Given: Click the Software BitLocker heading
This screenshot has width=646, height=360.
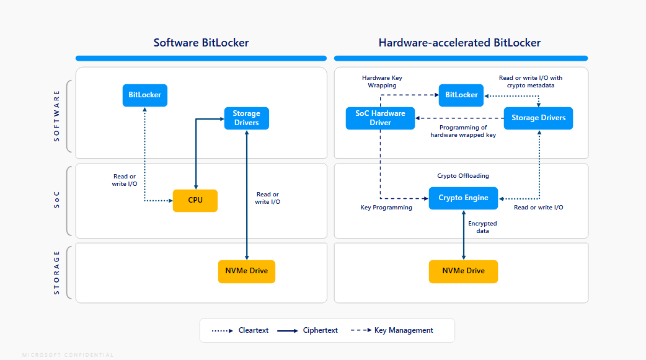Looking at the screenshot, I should click(201, 43).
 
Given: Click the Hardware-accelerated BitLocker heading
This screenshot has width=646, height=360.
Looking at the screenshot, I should click(459, 43).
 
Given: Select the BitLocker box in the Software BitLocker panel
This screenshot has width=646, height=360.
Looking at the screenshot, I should click(144, 95).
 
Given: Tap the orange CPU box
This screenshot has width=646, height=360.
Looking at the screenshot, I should click(195, 200).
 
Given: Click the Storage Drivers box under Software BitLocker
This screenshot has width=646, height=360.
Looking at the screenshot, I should click(246, 118).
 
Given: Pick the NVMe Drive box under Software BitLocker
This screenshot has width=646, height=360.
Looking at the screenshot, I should click(247, 271).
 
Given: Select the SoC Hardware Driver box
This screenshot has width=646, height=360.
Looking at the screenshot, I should click(380, 118).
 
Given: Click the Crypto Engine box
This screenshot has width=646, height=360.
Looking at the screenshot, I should click(463, 198).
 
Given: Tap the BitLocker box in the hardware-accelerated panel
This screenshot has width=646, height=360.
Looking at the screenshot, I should click(461, 95).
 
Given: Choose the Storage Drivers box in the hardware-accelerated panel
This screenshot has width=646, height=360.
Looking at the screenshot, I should click(538, 118).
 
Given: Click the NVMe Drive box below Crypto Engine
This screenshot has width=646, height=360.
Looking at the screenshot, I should click(463, 271).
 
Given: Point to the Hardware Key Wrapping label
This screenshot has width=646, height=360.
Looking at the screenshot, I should click(382, 82).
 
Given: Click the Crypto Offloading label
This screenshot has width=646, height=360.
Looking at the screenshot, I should click(463, 176).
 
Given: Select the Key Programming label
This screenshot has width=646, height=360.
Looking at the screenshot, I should click(386, 208).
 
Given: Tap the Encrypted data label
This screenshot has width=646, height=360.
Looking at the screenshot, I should click(482, 227).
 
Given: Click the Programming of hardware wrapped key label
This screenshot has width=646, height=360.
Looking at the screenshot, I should click(463, 131).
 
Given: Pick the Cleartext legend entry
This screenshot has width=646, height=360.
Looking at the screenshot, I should click(241, 330).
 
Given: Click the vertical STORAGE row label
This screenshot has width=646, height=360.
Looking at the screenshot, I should click(57, 272).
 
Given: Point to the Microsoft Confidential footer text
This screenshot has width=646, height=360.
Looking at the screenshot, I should click(68, 355).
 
